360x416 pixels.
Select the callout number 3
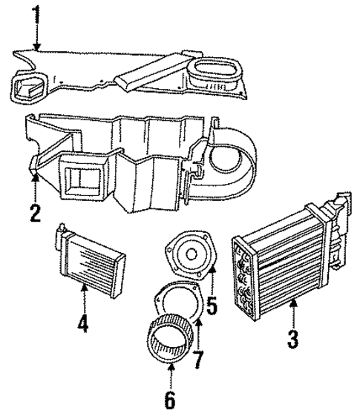(294, 342)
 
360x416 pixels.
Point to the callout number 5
(212, 303)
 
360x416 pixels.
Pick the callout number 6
(171, 400)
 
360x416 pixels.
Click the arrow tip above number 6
(171, 367)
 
